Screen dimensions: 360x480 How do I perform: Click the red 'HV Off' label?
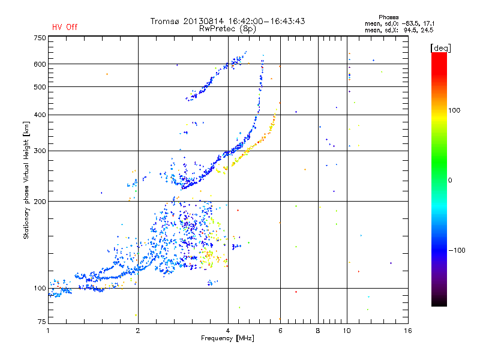pyautogui.click(x=65, y=27)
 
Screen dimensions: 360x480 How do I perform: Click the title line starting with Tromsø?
pyautogui.click(x=228, y=21)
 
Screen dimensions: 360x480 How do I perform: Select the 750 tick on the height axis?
pyautogui.click(x=40, y=38)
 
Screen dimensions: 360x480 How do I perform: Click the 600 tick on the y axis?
pyautogui.click(x=40, y=64)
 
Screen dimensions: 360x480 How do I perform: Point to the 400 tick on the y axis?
pyautogui.click(x=40, y=115)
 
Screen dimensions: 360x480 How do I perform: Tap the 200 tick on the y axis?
pyautogui.click(x=40, y=202)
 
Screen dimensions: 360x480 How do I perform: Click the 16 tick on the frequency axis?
pyautogui.click(x=407, y=330)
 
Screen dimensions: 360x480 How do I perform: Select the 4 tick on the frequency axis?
pyautogui.click(x=228, y=330)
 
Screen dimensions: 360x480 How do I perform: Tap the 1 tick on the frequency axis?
pyautogui.click(x=48, y=330)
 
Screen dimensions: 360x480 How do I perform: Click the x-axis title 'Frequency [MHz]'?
pyautogui.click(x=228, y=338)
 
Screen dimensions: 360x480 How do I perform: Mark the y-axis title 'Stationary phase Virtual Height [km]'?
pyautogui.click(x=26, y=180)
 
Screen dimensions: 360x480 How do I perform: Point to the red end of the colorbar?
pyautogui.click(x=439, y=56)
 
